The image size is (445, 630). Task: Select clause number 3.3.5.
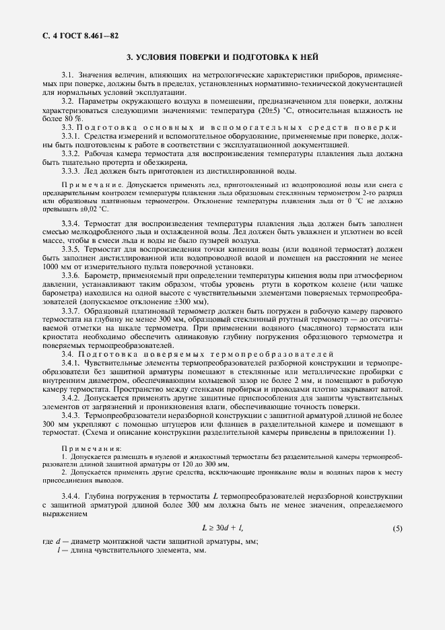point(71,249)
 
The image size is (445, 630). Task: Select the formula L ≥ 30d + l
point(223,529)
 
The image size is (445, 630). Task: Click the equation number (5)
point(397,529)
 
